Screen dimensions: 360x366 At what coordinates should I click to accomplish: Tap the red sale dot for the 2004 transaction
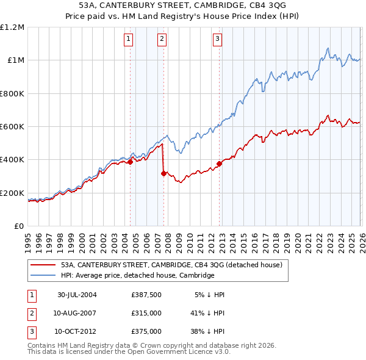coord(131,162)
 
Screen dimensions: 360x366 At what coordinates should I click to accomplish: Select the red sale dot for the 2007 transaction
coord(163,174)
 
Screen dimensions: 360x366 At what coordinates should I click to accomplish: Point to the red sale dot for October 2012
coord(219,164)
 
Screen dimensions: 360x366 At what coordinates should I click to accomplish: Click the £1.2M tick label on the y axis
coord(13,27)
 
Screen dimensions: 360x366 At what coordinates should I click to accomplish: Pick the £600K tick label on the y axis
coord(12,127)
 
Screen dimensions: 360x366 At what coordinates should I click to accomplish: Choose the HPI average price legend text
coord(137,276)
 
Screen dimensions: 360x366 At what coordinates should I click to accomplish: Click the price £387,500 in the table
coord(146,295)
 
